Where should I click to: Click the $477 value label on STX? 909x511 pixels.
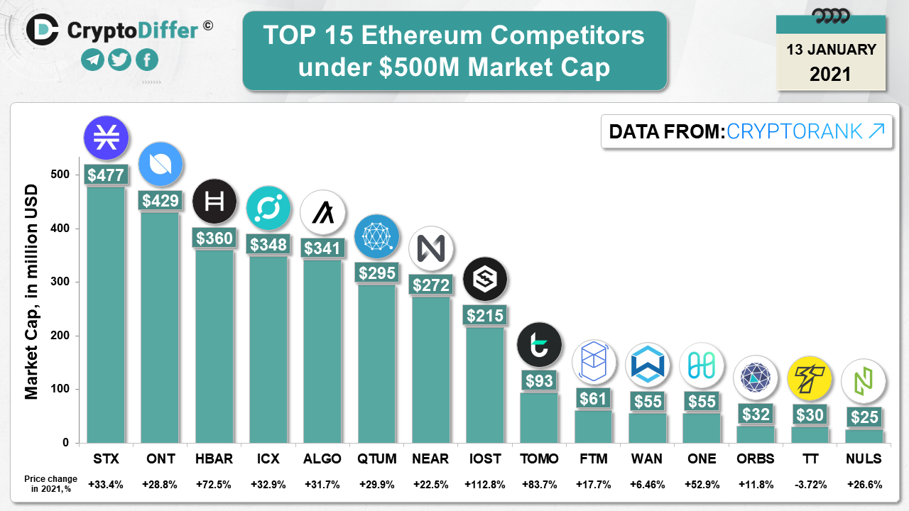click(x=106, y=175)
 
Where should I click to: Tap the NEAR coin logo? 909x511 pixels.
click(x=431, y=248)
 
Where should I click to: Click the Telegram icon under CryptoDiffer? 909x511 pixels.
click(x=92, y=60)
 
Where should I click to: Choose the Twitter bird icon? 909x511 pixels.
click(x=119, y=60)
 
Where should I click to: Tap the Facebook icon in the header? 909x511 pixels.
click(x=147, y=60)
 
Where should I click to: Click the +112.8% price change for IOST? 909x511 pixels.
click(x=484, y=485)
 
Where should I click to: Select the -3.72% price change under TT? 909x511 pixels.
click(x=810, y=485)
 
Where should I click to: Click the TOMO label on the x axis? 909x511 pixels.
click(x=539, y=458)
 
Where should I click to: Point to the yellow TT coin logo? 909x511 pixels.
click(x=810, y=378)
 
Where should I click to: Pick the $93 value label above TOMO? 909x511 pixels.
click(x=539, y=380)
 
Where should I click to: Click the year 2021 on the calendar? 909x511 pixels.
click(x=830, y=74)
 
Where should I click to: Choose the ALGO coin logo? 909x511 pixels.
click(x=322, y=212)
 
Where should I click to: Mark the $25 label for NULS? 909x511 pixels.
click(x=864, y=417)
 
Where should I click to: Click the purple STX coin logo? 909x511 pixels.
click(x=106, y=136)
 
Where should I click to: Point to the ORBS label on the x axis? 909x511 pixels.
click(x=756, y=458)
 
